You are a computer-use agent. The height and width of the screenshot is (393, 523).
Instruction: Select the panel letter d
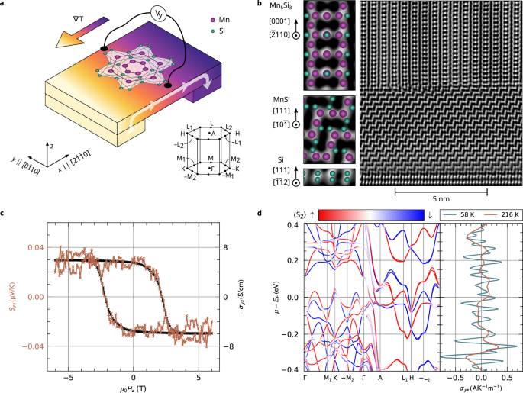pos(282,202)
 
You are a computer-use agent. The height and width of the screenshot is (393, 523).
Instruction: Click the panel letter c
pos(5,202)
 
